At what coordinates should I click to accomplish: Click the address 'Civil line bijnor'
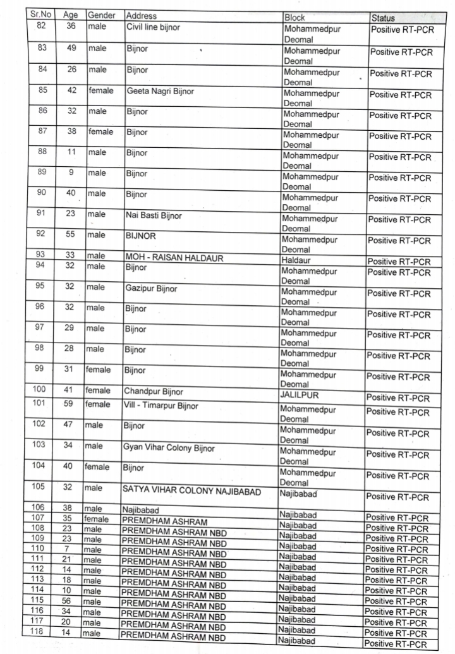point(155,27)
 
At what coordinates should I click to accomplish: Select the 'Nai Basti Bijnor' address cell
point(154,215)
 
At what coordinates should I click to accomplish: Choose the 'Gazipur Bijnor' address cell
point(152,288)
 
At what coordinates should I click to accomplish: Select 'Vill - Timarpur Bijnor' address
point(161,406)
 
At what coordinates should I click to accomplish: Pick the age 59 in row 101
point(68,403)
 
